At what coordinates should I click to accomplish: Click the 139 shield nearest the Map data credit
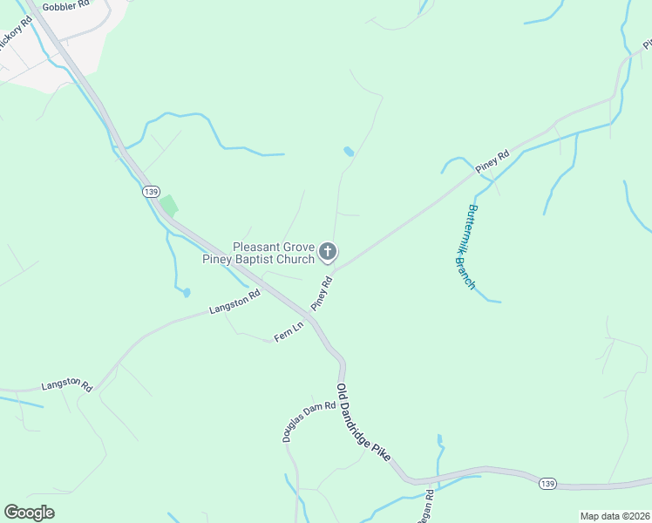(x=547, y=484)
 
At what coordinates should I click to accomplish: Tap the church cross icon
(x=328, y=253)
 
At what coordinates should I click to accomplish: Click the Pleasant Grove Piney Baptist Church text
(x=257, y=253)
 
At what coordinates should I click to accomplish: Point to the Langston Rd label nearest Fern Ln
(x=234, y=302)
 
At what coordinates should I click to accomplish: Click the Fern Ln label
(x=288, y=332)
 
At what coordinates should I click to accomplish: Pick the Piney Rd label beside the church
(x=323, y=294)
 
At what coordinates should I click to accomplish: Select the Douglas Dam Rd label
(x=309, y=421)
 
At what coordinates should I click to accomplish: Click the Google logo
(x=29, y=512)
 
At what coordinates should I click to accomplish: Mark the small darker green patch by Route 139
(x=168, y=206)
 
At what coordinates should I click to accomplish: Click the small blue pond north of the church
(x=349, y=152)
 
